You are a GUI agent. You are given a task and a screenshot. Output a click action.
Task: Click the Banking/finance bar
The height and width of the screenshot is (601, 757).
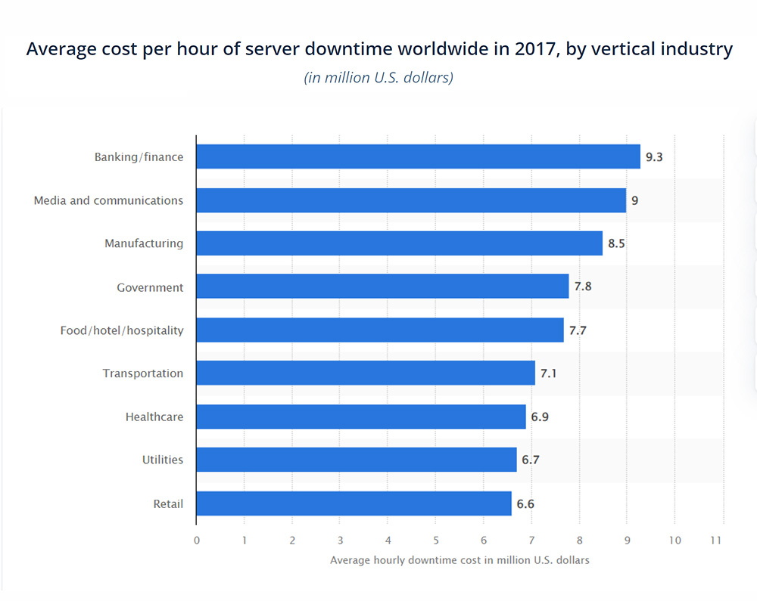[418, 157]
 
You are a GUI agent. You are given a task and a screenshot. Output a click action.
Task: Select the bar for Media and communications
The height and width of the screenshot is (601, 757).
[411, 200]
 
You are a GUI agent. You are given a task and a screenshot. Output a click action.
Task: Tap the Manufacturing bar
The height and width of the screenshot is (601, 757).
[399, 243]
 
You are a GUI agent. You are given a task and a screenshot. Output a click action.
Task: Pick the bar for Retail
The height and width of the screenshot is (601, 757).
[354, 503]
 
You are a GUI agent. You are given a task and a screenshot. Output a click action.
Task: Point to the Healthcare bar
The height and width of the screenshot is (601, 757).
[360, 417]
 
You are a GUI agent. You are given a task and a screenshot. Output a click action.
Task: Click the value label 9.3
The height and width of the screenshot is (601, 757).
[654, 157]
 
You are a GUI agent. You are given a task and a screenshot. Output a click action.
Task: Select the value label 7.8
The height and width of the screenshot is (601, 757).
[582, 287]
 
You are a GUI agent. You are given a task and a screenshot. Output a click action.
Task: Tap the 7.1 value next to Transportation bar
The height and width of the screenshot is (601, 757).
[549, 373]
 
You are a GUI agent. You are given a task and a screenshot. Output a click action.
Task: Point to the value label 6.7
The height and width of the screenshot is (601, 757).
[530, 460]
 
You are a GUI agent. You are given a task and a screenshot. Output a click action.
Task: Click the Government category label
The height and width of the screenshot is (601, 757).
[150, 287]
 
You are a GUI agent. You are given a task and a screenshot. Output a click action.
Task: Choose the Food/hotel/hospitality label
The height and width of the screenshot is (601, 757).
[122, 330]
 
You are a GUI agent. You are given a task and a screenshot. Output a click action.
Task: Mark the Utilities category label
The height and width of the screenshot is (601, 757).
[162, 460]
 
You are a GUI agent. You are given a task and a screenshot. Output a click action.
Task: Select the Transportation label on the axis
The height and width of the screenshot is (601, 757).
[143, 373]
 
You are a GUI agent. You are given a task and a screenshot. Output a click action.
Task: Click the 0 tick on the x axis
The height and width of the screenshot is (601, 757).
[197, 541]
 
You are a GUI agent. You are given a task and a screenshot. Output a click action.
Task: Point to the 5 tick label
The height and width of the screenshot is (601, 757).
[436, 541]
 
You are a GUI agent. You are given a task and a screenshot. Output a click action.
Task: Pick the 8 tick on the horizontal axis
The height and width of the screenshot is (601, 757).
[579, 541]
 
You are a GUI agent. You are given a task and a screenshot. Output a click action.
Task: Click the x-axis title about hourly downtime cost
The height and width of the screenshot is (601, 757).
[459, 560]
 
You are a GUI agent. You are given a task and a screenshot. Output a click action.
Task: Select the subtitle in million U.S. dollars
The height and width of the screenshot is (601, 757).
[378, 78]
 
